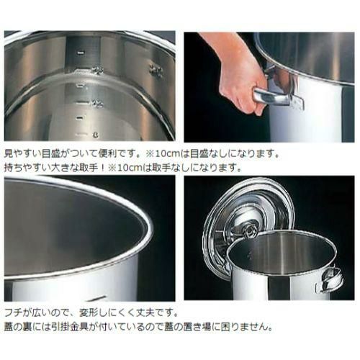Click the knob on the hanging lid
click(249, 232)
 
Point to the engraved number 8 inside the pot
click(96, 135)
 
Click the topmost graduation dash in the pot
click(81, 52)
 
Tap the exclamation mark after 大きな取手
click(102, 168)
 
